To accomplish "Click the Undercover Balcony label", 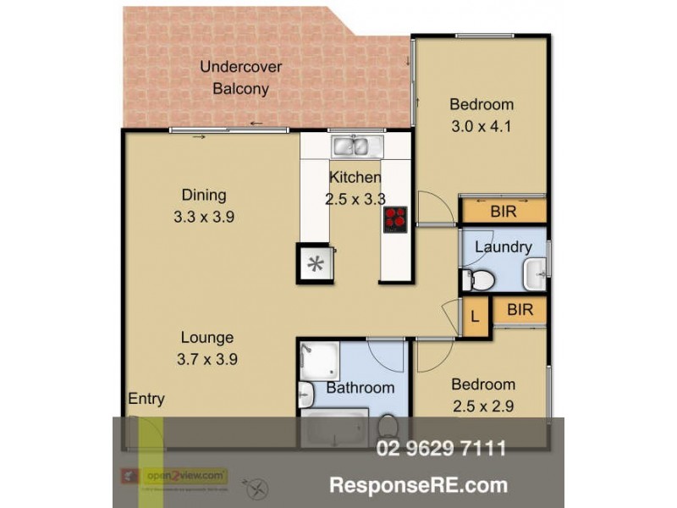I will [240, 78].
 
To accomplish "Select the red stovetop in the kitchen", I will [396, 219].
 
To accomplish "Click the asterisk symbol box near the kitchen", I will [315, 263].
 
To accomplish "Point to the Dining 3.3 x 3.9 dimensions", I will [203, 217].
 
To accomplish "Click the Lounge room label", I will [206, 337].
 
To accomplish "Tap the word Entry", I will [146, 400].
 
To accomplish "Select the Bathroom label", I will [360, 388].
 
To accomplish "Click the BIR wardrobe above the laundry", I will [503, 211].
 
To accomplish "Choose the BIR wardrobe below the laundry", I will [520, 310].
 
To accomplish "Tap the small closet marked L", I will [475, 317].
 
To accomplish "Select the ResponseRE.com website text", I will [418, 485].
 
